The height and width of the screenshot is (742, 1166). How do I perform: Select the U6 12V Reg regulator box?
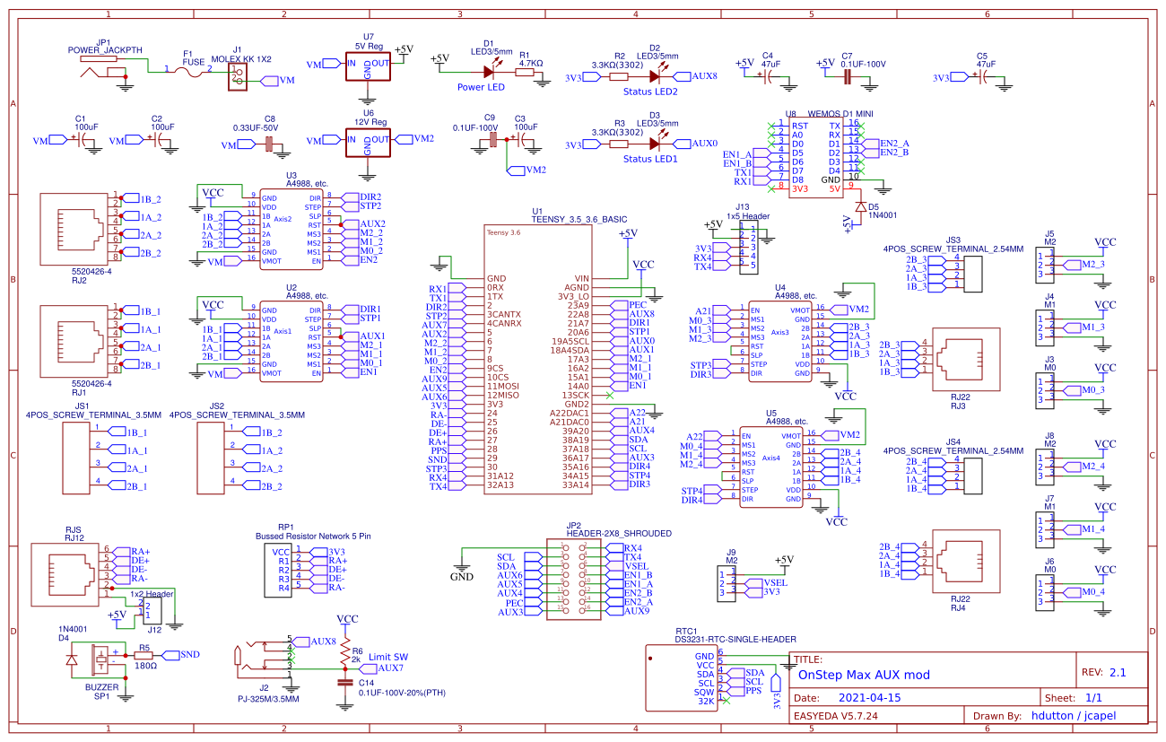(x=369, y=142)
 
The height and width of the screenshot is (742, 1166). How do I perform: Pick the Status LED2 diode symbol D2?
(x=654, y=77)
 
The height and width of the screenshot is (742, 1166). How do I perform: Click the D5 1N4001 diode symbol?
(x=860, y=206)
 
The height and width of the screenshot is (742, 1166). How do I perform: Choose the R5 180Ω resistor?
(x=144, y=656)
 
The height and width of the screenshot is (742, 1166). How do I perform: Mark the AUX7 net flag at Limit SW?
(x=389, y=668)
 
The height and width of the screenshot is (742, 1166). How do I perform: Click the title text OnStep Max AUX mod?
(x=864, y=675)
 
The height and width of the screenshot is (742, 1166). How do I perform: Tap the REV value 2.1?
(x=1117, y=672)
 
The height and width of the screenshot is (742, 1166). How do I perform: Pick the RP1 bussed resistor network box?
(x=280, y=571)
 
